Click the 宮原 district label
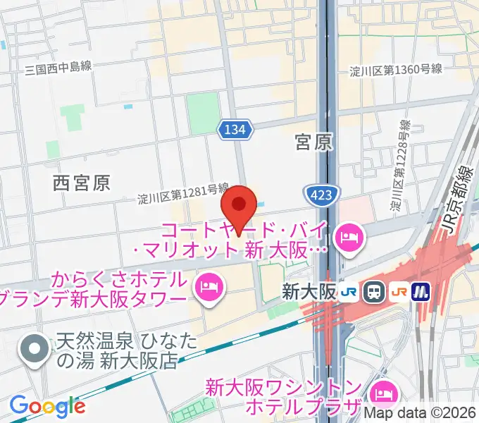pos(313,143)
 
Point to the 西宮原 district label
pos(82,183)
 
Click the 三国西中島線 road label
pos(58,68)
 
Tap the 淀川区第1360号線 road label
pos(396,69)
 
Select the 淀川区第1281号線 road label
pos(183,195)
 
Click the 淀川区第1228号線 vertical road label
pos(399,166)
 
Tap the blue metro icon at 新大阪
pos(421,290)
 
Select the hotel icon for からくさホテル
pos(209,286)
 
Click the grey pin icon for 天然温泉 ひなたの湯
pos(33,350)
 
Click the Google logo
pos(47,405)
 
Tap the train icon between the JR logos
pos(375,290)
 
